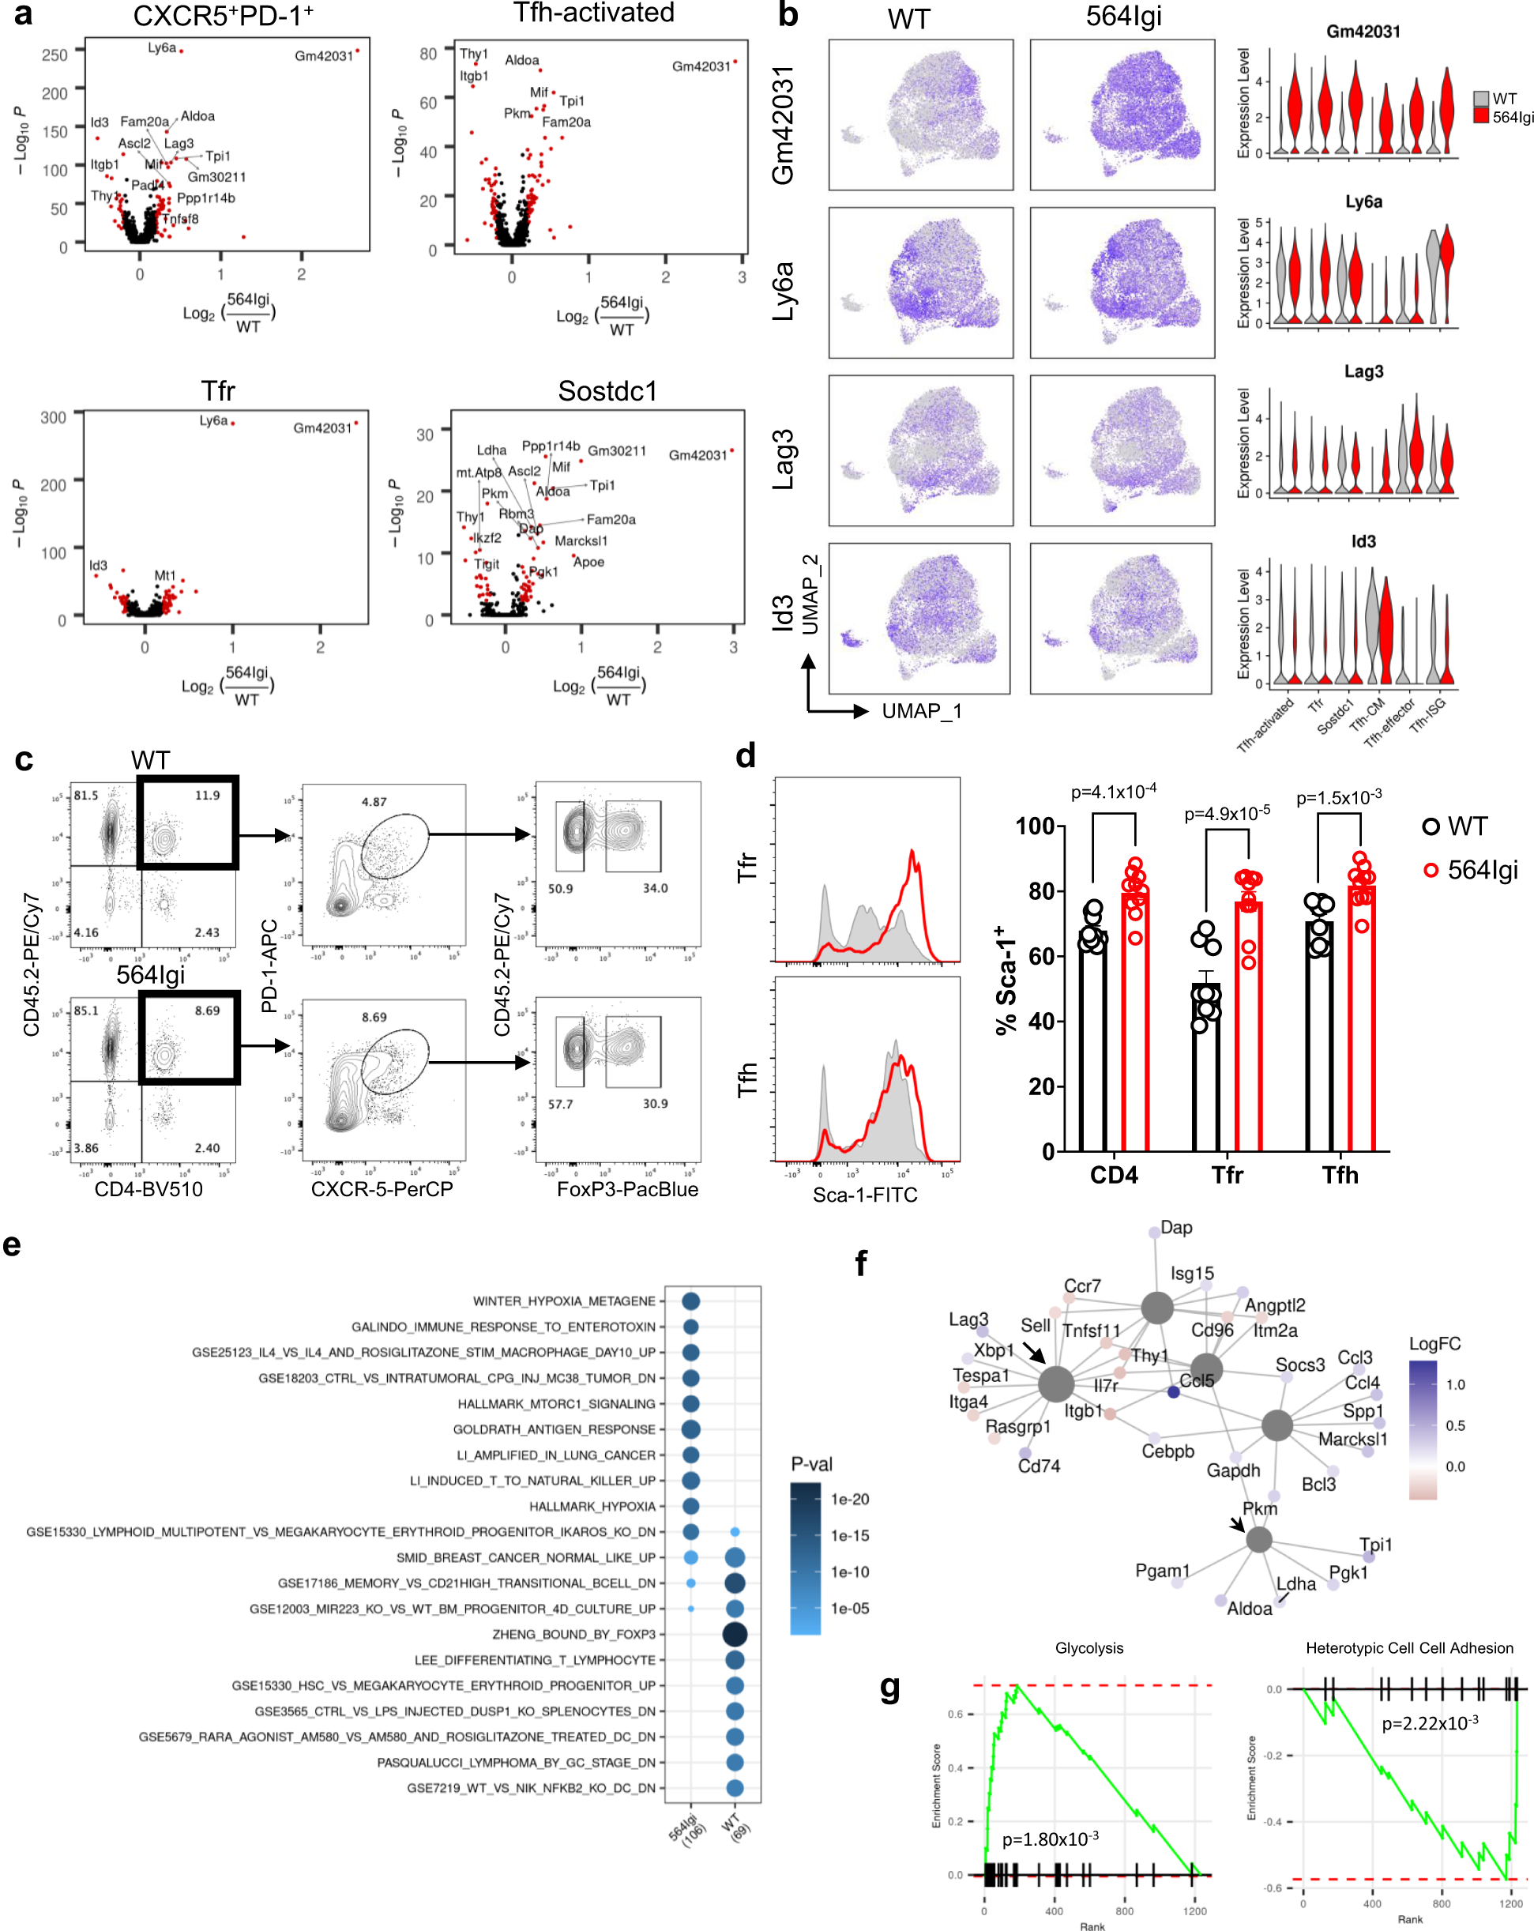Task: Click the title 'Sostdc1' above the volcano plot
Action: coord(607,391)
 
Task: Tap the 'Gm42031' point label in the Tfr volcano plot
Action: coord(322,428)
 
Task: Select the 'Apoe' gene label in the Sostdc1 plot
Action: coord(588,563)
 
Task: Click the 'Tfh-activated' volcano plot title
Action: coord(594,13)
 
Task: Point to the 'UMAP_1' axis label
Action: coord(922,711)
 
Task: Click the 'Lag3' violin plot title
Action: coord(1363,371)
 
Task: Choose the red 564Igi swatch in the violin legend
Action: coord(1481,116)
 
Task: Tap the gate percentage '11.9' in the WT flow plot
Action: coord(207,796)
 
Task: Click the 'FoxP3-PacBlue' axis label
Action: coord(627,1189)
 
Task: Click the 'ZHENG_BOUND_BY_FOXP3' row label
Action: coord(573,1635)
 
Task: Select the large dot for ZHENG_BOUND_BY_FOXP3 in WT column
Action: coord(735,1635)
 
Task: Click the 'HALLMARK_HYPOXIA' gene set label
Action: coord(592,1507)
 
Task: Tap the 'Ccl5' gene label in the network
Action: coord(1197,1380)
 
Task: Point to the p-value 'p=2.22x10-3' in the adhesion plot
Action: coord(1429,1723)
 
